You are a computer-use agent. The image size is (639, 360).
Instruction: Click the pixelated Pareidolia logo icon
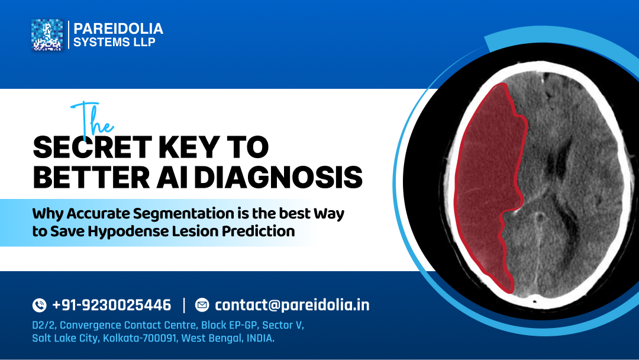47,35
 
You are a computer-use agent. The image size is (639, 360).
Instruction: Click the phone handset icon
39,306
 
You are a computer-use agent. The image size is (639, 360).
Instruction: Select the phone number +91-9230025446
112,306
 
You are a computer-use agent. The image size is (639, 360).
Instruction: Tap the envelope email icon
202,306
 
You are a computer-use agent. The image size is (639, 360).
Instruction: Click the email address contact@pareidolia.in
292,306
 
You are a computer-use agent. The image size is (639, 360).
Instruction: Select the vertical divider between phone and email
184,306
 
